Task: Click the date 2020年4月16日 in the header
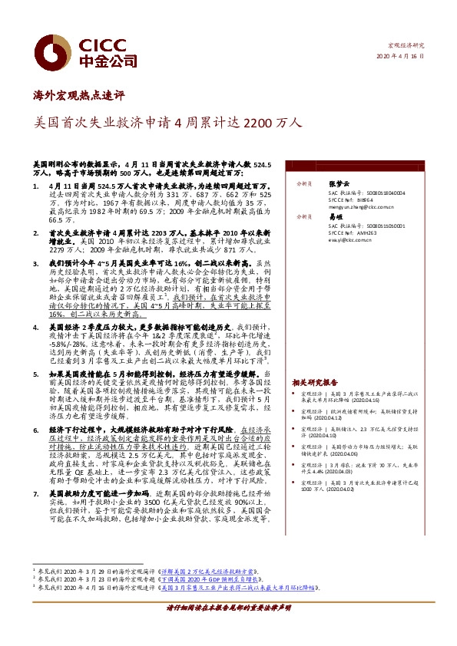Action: click(399, 58)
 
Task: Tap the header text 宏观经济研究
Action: click(405, 46)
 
